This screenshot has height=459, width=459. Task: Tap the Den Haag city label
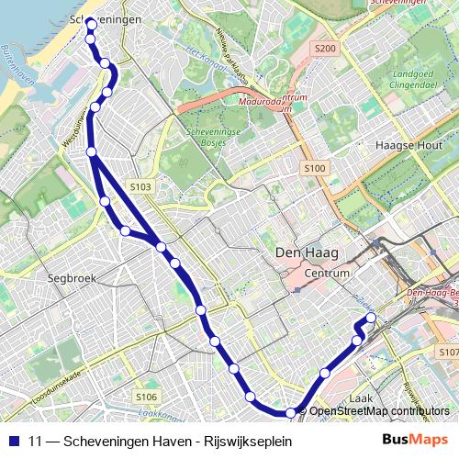click(307, 252)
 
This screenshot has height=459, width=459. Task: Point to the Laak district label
click(361, 399)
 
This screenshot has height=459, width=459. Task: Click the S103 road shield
click(140, 187)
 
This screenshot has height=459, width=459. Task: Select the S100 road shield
click(314, 168)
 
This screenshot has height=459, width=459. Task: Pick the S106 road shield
click(146, 397)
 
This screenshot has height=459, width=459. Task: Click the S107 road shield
click(448, 353)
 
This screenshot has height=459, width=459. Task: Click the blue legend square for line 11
click(13, 441)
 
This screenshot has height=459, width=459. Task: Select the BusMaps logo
click(416, 441)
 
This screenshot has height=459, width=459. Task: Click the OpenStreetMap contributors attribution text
click(379, 411)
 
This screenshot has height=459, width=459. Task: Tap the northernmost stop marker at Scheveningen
click(91, 25)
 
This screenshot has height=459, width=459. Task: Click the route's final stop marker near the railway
click(371, 319)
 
